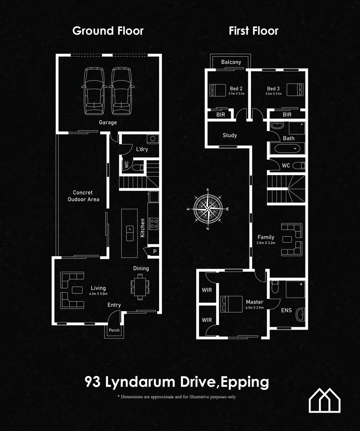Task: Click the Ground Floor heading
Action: (x=108, y=31)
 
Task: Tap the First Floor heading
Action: (x=254, y=31)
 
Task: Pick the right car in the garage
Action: (x=120, y=91)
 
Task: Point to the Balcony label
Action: (x=231, y=62)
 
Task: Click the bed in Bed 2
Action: (x=217, y=90)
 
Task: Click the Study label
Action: (x=230, y=135)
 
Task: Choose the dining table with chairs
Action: (x=140, y=287)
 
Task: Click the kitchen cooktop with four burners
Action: (x=153, y=223)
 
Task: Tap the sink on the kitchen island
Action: (x=130, y=232)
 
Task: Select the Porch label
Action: (x=114, y=330)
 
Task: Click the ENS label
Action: (x=286, y=310)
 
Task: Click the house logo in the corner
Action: (x=325, y=400)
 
